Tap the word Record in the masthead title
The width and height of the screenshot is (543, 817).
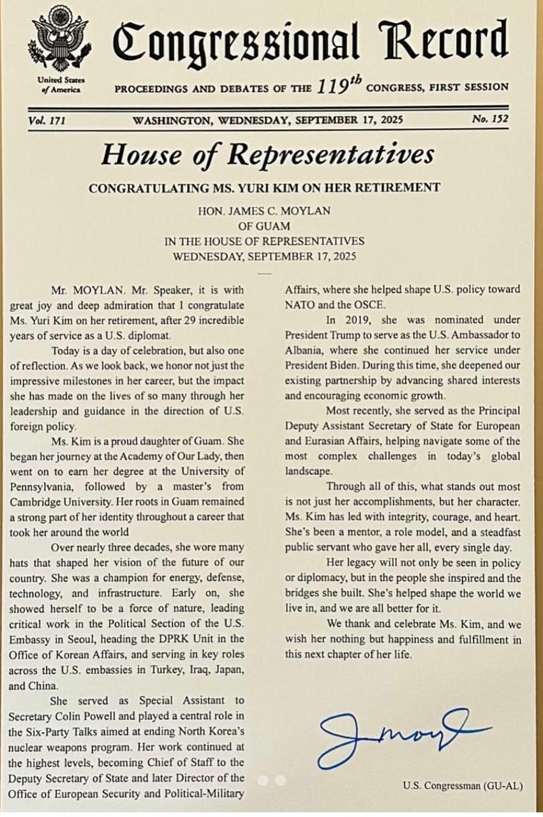click(x=443, y=40)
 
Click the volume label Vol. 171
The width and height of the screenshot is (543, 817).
click(x=47, y=120)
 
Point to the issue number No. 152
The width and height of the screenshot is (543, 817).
click(x=489, y=119)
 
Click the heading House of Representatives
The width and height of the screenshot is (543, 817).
click(x=267, y=154)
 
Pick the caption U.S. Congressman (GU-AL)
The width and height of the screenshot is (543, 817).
click(x=463, y=786)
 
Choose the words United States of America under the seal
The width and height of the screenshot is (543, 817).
click(x=61, y=85)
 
